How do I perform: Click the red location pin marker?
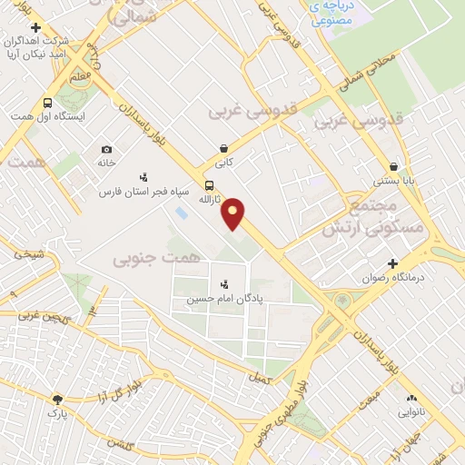click(233, 213)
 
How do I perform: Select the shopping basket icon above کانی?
click(223, 147)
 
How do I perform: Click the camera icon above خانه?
click(107, 149)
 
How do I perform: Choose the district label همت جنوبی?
click(148, 259)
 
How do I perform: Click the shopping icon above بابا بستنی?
click(393, 167)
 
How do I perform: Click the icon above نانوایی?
click(411, 398)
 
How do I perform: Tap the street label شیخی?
click(27, 255)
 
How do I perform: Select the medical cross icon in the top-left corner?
click(35, 27)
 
